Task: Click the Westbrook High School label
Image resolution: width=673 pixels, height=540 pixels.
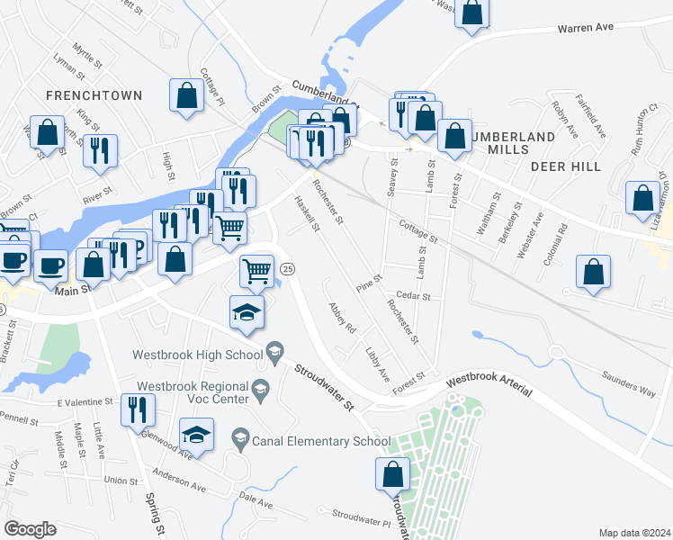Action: [198, 355]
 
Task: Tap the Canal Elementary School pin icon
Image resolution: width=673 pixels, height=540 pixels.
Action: [240, 441]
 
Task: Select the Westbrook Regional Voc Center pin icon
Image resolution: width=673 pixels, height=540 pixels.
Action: [262, 389]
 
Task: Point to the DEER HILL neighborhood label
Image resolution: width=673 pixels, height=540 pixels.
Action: [564, 166]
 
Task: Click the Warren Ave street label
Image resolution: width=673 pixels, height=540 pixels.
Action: [585, 28]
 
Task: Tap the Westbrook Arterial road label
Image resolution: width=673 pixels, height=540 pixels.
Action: [489, 385]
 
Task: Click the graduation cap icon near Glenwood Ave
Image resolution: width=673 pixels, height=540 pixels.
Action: [196, 436]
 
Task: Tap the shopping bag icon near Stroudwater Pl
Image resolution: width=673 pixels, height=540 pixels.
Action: [392, 474]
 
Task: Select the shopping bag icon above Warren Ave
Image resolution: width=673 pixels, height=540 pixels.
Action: [472, 13]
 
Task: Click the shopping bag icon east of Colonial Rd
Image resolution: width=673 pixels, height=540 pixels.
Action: [592, 272]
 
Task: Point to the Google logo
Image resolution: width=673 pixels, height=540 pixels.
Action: [30, 529]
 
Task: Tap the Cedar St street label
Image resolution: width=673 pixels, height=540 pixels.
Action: [414, 296]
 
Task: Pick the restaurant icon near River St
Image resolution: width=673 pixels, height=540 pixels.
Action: [99, 150]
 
